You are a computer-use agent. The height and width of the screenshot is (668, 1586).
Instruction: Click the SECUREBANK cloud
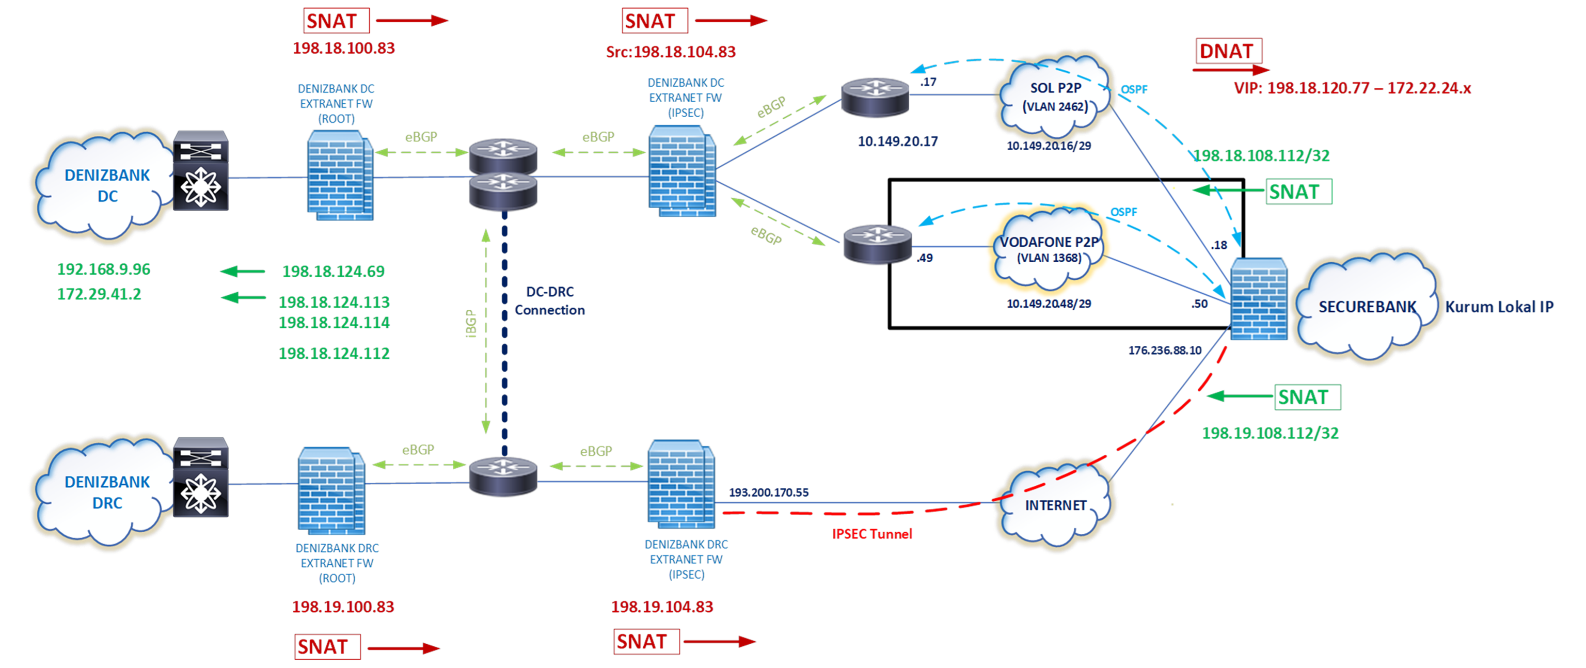click(1367, 307)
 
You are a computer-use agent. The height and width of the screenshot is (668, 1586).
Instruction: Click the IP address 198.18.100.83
click(343, 48)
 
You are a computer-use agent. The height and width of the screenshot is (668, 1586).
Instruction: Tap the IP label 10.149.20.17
click(898, 141)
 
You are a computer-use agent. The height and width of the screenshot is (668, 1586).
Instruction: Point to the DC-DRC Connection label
click(550, 301)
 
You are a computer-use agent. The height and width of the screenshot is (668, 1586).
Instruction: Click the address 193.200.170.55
click(768, 492)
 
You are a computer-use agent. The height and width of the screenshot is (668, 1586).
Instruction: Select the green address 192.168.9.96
click(103, 269)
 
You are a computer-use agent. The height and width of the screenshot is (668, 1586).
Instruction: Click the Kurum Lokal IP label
click(1499, 307)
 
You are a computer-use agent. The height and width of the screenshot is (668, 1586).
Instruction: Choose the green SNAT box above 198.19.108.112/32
click(1308, 397)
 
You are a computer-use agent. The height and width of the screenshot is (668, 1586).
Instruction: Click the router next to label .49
click(877, 244)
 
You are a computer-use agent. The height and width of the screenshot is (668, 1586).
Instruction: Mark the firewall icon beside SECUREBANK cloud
click(1259, 299)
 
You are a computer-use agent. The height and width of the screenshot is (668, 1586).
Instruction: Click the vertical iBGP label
click(471, 323)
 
